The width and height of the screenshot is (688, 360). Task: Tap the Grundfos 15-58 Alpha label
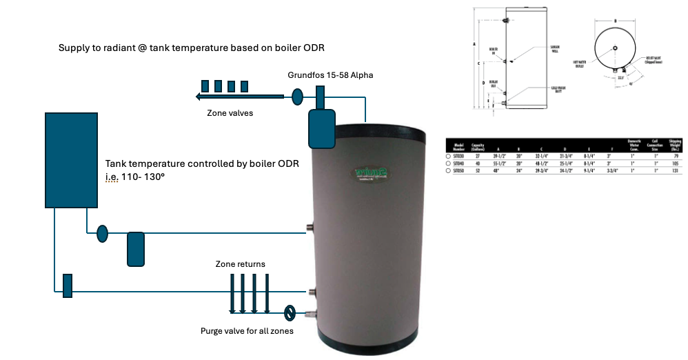click(x=331, y=74)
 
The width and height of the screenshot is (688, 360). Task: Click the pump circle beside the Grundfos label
click(x=298, y=97)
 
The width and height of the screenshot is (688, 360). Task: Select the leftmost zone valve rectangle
click(x=205, y=86)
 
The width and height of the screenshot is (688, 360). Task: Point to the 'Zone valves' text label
click(x=230, y=113)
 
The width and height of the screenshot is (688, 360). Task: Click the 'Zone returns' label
click(x=238, y=264)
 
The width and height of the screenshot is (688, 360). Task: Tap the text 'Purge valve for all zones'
click(x=247, y=331)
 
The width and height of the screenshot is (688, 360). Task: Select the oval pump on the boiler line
click(x=103, y=234)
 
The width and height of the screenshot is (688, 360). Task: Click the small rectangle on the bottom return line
click(x=68, y=286)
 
